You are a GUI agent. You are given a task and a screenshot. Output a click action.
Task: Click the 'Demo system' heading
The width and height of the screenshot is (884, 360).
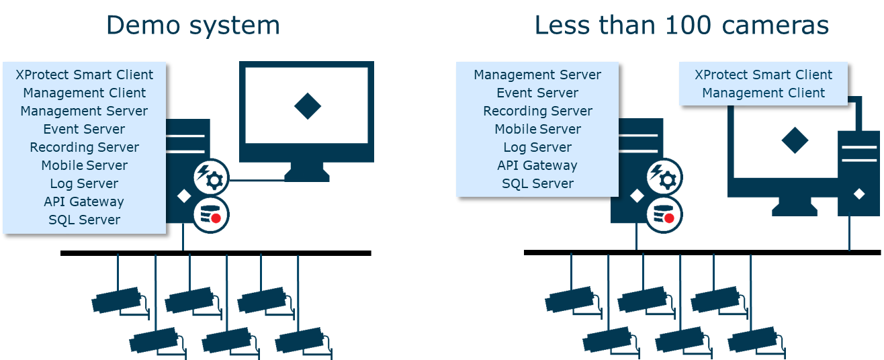(193, 26)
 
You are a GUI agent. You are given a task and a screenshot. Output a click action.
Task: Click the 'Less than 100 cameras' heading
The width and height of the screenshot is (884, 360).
(681, 26)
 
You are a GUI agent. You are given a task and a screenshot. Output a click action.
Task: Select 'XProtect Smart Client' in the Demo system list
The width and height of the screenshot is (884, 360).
(84, 75)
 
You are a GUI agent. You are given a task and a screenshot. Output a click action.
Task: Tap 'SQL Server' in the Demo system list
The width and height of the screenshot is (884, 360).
(84, 220)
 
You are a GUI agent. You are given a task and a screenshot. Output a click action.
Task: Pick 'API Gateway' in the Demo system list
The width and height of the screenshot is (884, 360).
(84, 201)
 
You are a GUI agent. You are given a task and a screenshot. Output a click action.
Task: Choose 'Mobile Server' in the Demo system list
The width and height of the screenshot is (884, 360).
(84, 165)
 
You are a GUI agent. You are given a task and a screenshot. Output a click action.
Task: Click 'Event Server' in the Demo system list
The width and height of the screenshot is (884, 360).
(84, 129)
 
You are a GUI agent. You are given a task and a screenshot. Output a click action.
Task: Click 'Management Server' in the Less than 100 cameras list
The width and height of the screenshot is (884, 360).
(537, 75)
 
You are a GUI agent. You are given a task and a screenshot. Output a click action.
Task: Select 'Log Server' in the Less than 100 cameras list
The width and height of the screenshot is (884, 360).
(537, 147)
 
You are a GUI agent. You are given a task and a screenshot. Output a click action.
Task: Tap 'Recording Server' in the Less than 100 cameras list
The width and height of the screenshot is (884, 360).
(537, 111)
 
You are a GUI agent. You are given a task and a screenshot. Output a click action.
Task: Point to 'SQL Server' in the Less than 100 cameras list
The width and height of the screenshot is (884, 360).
(537, 183)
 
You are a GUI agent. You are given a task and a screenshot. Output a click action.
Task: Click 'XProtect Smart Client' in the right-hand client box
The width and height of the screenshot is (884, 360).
(763, 75)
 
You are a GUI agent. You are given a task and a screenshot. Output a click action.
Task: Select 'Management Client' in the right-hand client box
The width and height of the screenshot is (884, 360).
(763, 93)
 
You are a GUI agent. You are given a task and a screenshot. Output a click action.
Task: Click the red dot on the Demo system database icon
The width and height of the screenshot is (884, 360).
(216, 218)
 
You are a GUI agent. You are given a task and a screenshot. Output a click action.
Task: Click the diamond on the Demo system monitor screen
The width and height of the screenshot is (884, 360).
(308, 106)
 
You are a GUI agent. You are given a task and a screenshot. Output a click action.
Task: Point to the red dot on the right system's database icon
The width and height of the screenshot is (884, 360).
(668, 218)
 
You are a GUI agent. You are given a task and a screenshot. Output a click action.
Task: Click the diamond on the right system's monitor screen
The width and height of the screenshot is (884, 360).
(795, 140)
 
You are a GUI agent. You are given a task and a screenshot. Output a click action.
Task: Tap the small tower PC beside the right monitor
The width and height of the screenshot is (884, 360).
(858, 173)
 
